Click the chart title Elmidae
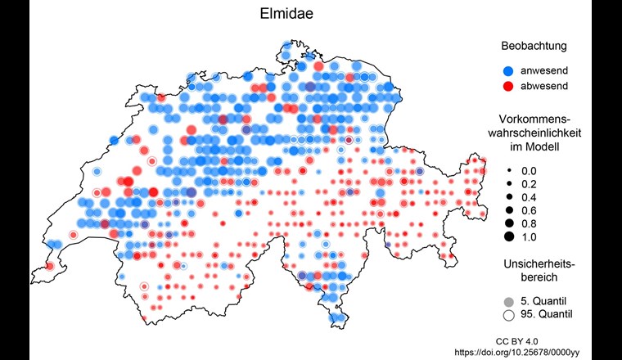tap(310, 14)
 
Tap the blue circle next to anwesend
tap(508, 70)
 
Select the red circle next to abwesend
tap(508, 86)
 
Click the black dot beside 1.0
tap(508, 236)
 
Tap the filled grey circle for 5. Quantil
tap(508, 300)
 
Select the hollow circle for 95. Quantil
tap(508, 314)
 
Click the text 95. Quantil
tap(547, 314)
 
